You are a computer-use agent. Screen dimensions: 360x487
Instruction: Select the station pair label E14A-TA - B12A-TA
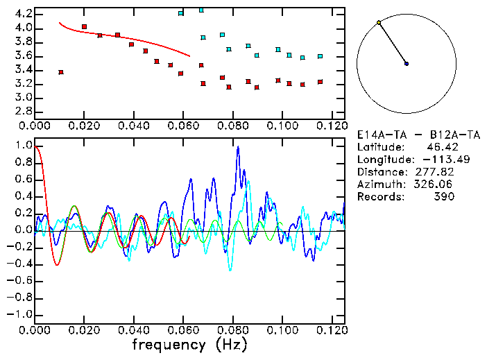pyautogui.click(x=418, y=135)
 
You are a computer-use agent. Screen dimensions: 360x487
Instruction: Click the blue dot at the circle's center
pyautogui.click(x=407, y=64)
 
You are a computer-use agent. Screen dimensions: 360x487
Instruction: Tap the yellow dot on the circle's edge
pyautogui.click(x=379, y=23)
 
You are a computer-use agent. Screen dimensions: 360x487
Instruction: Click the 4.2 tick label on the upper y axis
pyautogui.click(x=24, y=14)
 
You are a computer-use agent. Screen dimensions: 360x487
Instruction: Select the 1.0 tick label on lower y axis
pyautogui.click(x=24, y=146)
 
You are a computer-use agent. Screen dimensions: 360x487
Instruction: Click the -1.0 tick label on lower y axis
pyautogui.click(x=21, y=314)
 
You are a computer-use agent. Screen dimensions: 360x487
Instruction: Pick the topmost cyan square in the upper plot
pyautogui.click(x=201, y=10)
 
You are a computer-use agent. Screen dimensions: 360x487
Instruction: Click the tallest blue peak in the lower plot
pyautogui.click(x=237, y=147)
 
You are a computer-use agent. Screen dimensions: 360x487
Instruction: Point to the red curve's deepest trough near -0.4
pyautogui.click(x=57, y=265)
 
